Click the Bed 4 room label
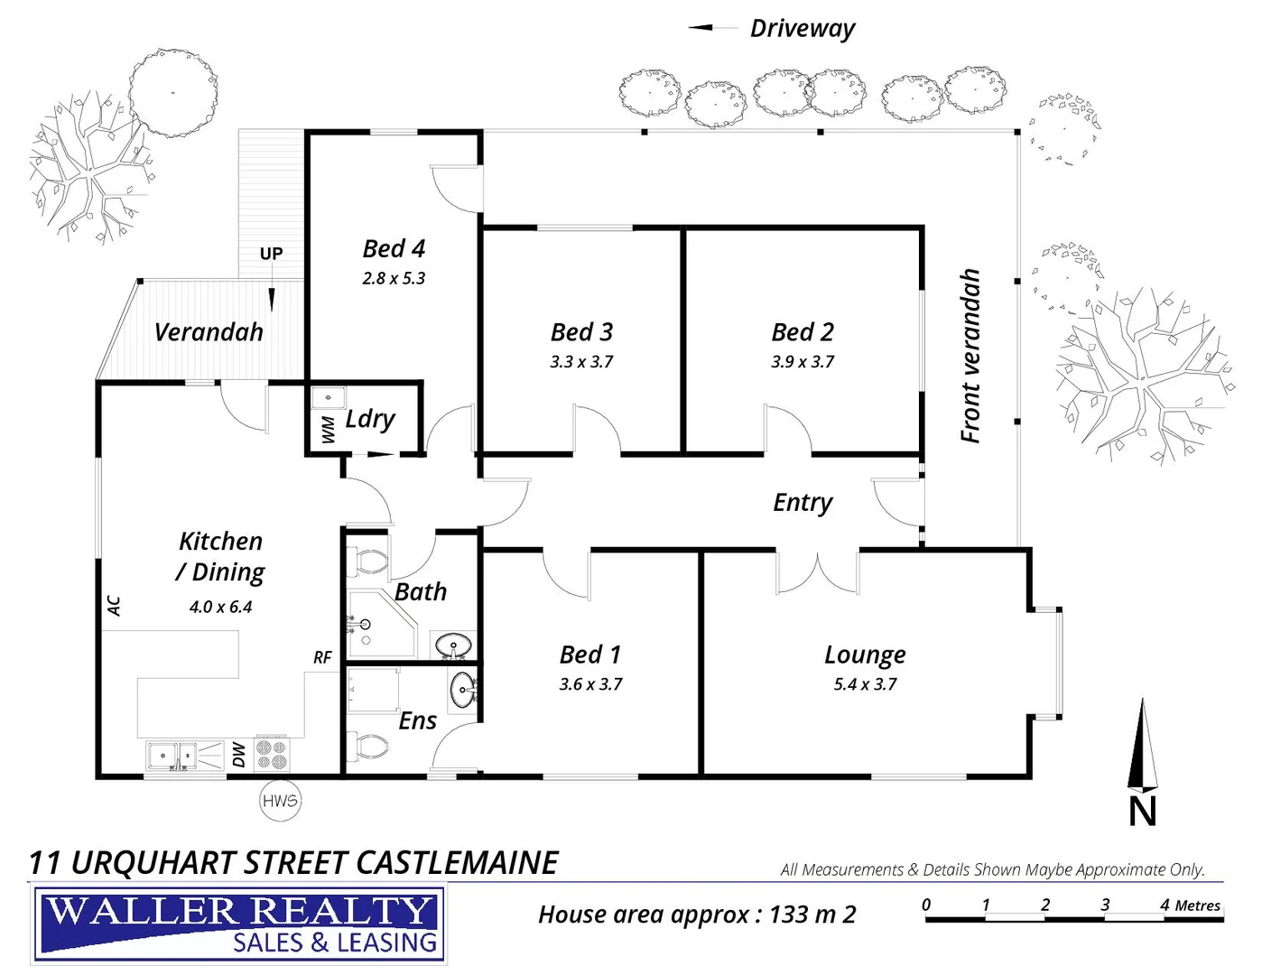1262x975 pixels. (394, 249)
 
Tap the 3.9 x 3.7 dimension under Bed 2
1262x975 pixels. (803, 362)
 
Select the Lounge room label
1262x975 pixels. (865, 655)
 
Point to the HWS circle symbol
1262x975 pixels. (280, 801)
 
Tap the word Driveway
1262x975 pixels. (803, 29)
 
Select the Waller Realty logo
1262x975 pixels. (239, 924)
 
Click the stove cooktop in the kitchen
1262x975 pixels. (272, 755)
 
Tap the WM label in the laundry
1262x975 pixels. (329, 430)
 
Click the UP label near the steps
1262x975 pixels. (271, 254)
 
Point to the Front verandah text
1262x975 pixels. (970, 356)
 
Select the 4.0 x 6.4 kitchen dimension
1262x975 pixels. (220, 608)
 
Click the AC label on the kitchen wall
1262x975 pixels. (115, 605)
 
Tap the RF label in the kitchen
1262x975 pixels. (322, 658)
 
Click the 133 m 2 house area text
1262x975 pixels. (812, 915)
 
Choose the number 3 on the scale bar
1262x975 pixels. (1105, 904)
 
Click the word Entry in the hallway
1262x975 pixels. (803, 503)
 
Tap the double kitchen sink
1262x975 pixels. (172, 754)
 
